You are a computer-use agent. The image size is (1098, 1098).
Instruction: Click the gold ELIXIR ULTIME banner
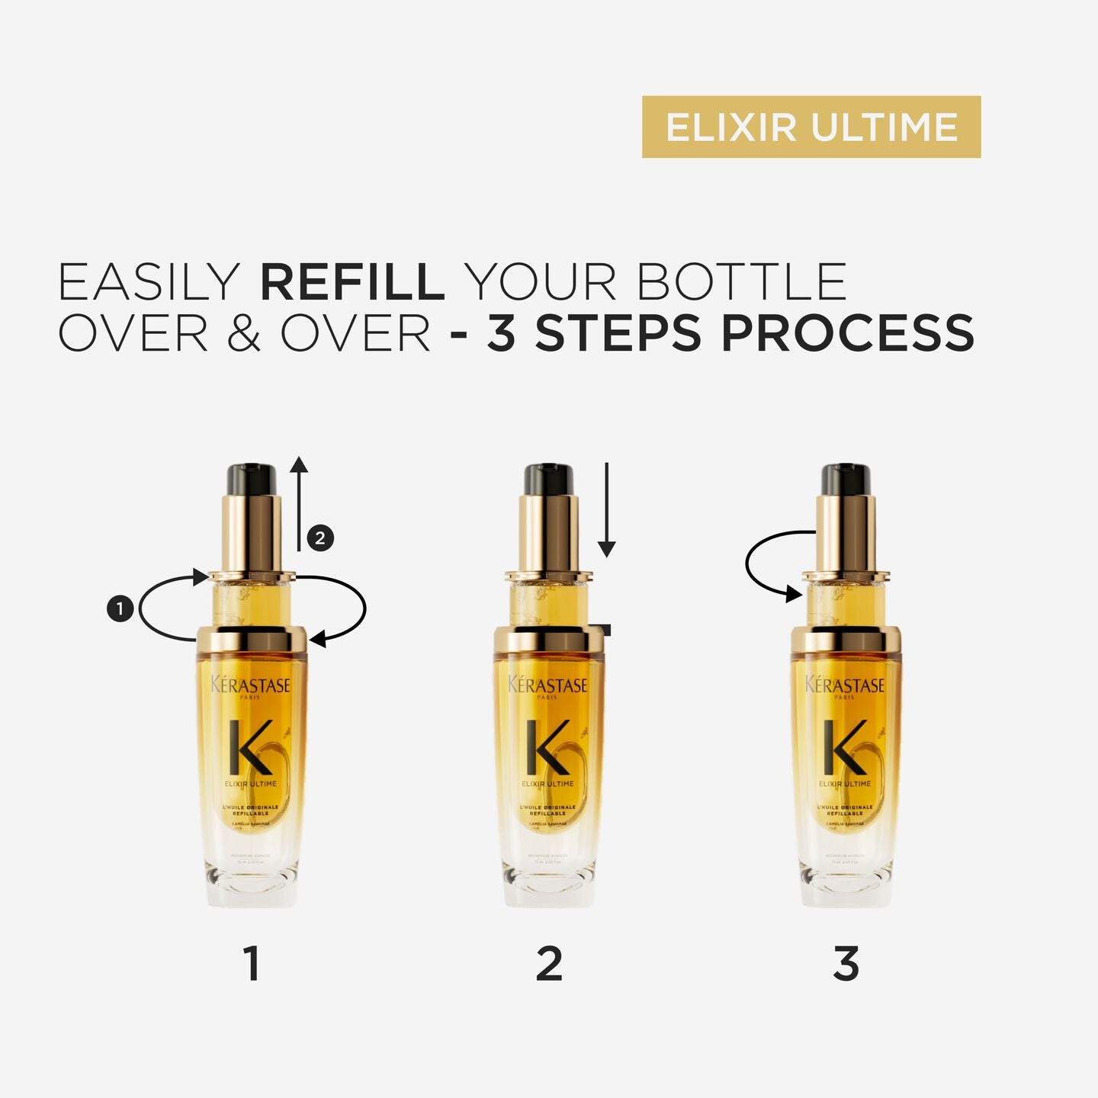811,127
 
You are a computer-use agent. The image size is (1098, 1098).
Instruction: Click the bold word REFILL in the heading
352,282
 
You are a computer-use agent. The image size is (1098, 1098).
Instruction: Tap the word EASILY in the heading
149,282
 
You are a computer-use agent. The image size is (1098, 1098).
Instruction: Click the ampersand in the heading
243,334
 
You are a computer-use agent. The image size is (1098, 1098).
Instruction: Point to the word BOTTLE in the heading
741,282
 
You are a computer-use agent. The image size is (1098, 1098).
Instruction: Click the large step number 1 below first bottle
252,963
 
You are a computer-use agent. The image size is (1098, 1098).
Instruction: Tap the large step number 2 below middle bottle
549,963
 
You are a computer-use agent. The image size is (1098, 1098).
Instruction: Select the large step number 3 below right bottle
846,963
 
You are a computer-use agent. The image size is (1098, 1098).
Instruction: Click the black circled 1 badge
120,608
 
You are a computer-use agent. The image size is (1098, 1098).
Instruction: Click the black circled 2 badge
320,538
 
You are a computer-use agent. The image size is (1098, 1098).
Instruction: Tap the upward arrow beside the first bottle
299,503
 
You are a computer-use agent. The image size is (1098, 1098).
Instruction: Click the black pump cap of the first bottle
251,480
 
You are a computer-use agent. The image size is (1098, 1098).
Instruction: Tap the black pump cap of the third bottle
846,480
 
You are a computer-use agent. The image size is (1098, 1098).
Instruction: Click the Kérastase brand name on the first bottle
251,685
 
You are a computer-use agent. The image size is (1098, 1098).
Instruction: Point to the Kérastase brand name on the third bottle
845,685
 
